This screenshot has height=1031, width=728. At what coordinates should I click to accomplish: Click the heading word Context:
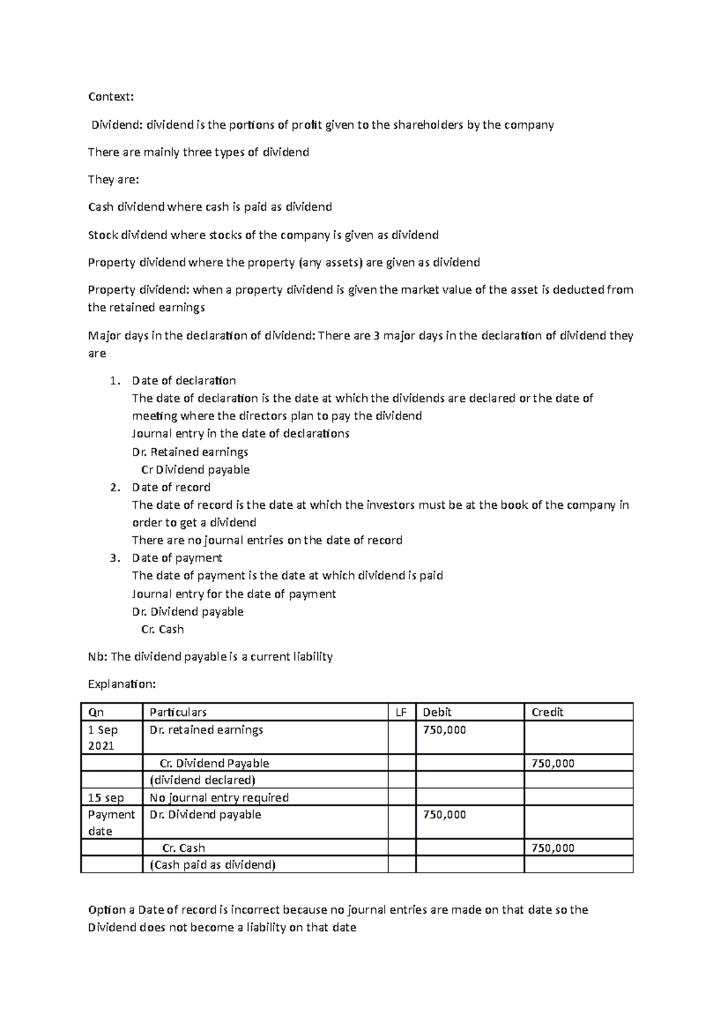[111, 97]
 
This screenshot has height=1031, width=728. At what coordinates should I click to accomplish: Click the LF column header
[401, 712]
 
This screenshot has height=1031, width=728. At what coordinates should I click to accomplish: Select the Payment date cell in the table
[111, 823]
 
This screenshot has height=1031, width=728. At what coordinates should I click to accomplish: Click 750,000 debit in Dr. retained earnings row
[445, 730]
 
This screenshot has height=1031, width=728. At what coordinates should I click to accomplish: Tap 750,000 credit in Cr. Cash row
[553, 848]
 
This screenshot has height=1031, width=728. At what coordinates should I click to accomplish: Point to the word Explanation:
[122, 684]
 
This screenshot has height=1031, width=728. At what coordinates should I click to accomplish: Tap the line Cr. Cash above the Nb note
[163, 630]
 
